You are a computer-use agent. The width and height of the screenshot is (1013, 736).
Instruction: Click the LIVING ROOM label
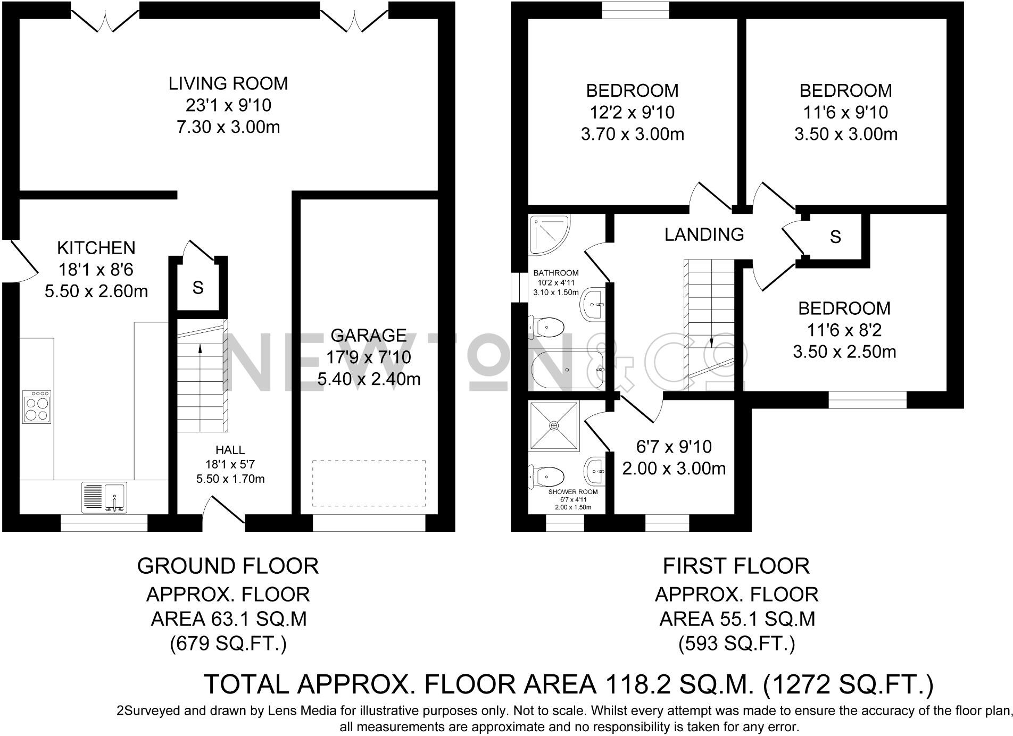228,83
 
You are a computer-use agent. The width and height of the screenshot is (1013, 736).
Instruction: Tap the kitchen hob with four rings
37,407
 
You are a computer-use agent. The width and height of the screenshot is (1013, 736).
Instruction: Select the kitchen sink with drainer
104,497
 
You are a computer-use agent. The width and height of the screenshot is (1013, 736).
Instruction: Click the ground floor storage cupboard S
198,288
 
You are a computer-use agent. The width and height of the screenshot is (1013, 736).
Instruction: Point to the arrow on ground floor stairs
200,349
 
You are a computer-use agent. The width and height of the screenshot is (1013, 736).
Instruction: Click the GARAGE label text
369,336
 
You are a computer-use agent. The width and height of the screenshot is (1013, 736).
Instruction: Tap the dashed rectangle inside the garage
369,483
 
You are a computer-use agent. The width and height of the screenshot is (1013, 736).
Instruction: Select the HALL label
230,450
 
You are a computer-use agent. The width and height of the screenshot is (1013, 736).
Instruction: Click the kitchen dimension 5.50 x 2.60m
96,291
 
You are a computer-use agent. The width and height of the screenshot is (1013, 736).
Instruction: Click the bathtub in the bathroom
567,369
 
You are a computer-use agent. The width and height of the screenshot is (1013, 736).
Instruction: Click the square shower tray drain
554,425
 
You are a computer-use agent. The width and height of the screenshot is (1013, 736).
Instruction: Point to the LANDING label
704,235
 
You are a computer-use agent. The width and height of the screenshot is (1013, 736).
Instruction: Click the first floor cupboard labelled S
835,237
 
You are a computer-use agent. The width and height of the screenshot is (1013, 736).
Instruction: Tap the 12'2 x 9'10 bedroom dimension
632,113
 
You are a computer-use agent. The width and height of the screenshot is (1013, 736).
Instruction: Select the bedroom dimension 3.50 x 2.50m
844,352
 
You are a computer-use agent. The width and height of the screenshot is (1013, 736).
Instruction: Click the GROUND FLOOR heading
228,566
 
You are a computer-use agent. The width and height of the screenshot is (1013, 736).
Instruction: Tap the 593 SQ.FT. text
736,644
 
